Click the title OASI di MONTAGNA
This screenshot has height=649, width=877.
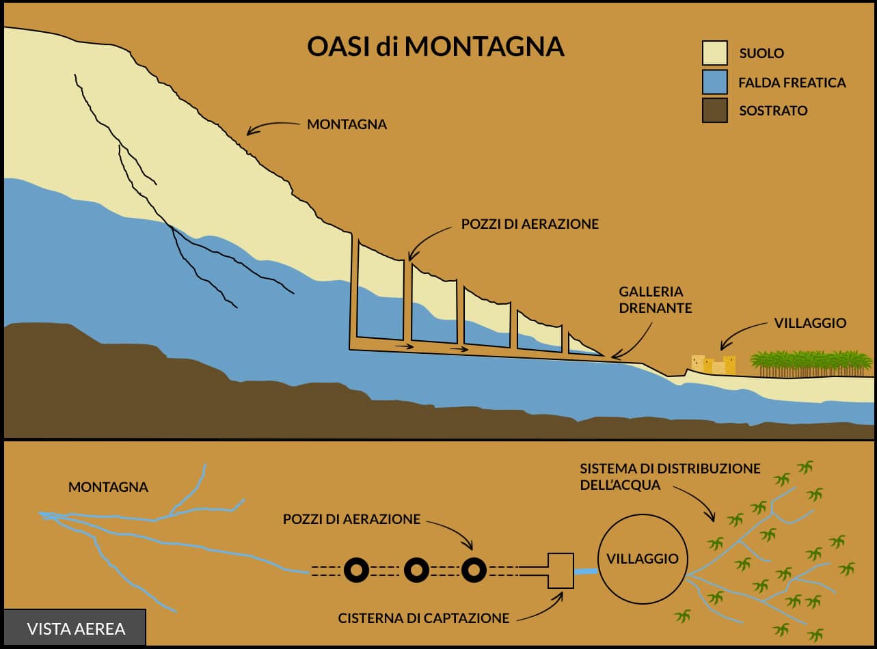pos(435,46)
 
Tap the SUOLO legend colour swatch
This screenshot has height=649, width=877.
pos(715,53)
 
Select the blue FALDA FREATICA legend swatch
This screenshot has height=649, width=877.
pos(715,82)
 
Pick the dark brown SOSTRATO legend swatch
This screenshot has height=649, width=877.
pos(715,110)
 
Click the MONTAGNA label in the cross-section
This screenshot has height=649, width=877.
pos(347,124)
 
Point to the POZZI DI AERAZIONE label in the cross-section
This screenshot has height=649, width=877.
pos(530,224)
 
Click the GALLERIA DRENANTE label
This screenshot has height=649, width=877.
pos(655,300)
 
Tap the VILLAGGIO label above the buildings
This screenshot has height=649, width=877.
pos(810,323)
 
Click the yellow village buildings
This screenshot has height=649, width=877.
pos(714,364)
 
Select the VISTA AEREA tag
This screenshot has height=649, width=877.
pos(75,629)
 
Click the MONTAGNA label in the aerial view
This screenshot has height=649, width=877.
pos(108,487)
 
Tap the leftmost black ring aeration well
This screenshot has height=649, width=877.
pos(356,570)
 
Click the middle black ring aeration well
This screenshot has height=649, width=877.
pos(416,570)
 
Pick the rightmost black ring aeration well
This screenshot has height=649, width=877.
pos(474,570)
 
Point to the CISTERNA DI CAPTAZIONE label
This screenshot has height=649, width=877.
pos(424,618)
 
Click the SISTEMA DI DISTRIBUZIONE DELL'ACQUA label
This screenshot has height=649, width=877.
pos(670,477)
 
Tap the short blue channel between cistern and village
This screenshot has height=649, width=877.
pos(586,571)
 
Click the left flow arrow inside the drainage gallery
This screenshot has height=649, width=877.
pos(405,346)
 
